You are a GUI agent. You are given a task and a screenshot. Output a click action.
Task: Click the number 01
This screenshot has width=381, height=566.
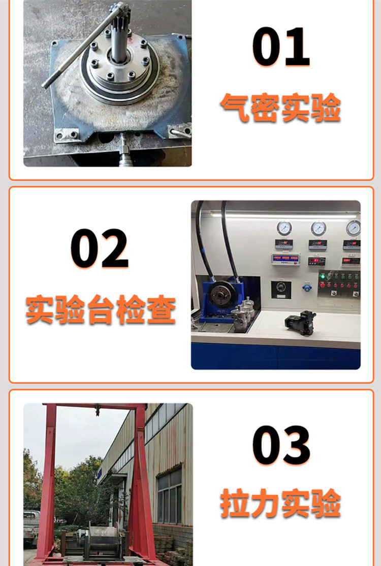[281, 47]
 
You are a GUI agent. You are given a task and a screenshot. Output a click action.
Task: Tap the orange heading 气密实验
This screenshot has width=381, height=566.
[280, 108]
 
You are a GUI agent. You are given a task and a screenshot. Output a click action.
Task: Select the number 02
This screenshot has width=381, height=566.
[100, 249]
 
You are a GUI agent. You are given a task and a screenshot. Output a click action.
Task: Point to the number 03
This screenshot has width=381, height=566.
[281, 445]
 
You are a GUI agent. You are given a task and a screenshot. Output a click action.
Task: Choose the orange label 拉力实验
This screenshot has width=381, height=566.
[280, 503]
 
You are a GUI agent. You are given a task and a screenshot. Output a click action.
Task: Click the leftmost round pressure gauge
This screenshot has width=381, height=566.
[284, 229]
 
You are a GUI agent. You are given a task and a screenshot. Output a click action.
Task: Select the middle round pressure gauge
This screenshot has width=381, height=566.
[319, 229]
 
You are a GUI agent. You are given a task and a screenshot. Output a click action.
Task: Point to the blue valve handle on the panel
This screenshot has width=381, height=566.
[307, 288]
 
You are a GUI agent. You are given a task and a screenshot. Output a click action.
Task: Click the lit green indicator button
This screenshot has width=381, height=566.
[322, 277]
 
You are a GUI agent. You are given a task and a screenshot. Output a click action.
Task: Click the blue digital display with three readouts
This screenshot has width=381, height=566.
[285, 259]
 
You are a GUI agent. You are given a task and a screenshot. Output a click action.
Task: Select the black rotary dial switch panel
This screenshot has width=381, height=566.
[281, 290]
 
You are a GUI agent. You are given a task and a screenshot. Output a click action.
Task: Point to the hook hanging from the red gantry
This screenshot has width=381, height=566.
[98, 411]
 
